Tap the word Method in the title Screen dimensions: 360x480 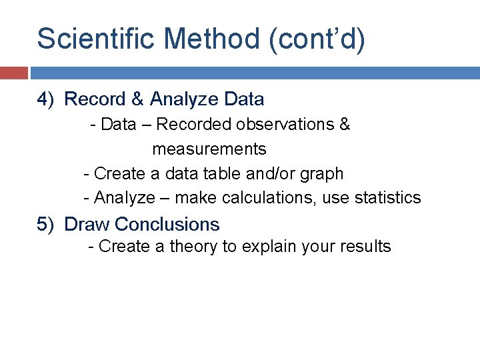point(213,39)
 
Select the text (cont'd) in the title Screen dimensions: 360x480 point(317,39)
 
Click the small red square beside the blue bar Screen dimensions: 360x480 point(13,73)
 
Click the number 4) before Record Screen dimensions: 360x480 point(45,99)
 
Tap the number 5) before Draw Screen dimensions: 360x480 point(45,224)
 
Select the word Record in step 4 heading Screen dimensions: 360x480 point(95,99)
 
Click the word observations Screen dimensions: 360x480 point(290,125)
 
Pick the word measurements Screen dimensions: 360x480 point(209,149)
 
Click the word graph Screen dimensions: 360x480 point(322,174)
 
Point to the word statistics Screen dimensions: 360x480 point(387,198)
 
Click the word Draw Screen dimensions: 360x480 point(87,224)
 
